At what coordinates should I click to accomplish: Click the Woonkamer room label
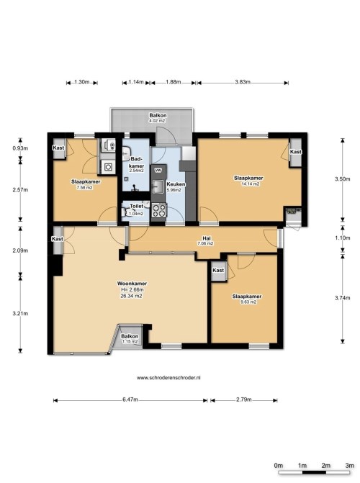coord(132,284)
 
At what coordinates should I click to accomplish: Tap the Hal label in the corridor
coord(207,238)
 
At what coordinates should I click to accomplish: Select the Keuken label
coord(176,184)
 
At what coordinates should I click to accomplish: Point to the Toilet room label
coord(136,206)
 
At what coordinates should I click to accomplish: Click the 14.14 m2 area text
coord(251,184)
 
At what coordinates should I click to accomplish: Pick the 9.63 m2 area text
coord(248,302)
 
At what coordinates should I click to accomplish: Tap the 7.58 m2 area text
coord(84,188)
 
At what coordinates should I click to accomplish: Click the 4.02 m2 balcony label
coord(157,121)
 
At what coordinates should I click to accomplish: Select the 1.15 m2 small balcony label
coord(130,342)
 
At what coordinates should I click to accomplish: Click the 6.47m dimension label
coord(130,400)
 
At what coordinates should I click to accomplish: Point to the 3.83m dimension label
coord(243,82)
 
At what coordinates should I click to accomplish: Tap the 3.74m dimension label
coord(343,298)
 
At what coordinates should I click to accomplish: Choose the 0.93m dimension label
coord(20,148)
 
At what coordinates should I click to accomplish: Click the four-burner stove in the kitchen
coord(158,210)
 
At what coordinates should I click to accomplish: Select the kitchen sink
coord(158,186)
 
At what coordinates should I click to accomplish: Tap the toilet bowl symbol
coord(125,212)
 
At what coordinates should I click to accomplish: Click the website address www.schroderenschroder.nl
coord(168,377)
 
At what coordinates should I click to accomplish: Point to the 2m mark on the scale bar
coord(325,466)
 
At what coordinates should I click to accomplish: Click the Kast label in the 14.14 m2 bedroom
coord(295,152)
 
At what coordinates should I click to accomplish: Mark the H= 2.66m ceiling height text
coord(132,289)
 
